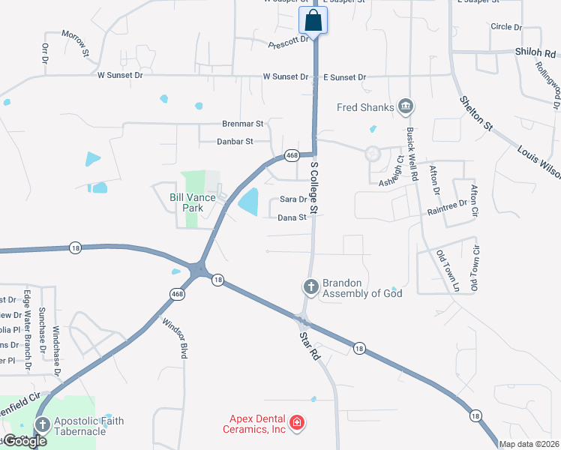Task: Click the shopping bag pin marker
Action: click(x=313, y=20)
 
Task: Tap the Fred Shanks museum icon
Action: click(x=406, y=107)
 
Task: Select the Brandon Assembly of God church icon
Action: click(x=310, y=286)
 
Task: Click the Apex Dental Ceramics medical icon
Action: click(x=297, y=424)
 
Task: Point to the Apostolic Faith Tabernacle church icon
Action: click(x=42, y=426)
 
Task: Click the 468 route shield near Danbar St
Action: click(x=292, y=155)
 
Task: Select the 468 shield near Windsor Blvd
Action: click(x=177, y=294)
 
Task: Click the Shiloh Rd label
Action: click(x=535, y=53)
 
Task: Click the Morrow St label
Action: click(x=75, y=44)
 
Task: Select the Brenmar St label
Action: click(x=243, y=123)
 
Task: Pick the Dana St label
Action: click(x=292, y=217)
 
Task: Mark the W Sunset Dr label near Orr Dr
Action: click(x=120, y=75)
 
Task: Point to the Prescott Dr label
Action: click(x=289, y=41)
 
